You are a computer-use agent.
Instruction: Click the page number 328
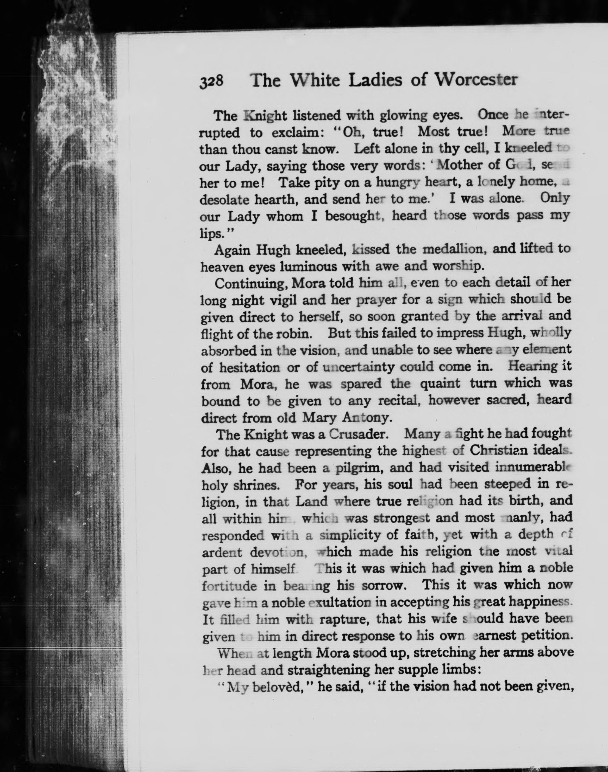pos(211,82)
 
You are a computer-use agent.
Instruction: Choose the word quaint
pos(440,384)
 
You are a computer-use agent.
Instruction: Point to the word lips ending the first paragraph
pos(212,234)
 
